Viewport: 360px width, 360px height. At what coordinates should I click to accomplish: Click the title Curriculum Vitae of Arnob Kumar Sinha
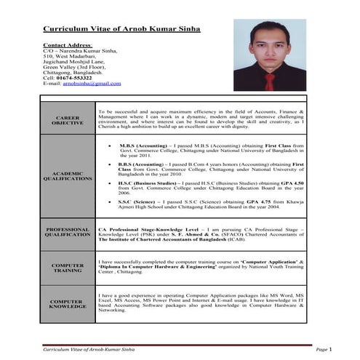point(121,30)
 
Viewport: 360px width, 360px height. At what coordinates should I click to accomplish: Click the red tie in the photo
point(268,80)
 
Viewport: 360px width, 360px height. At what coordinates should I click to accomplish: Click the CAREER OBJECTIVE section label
point(68,120)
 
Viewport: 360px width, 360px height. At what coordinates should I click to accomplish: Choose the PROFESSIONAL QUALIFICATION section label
point(68,233)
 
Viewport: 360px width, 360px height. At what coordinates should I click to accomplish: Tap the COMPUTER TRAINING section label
point(68,268)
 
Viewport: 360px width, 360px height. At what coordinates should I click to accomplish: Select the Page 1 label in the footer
point(324,351)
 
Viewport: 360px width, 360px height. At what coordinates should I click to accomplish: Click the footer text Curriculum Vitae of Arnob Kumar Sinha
point(91,351)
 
